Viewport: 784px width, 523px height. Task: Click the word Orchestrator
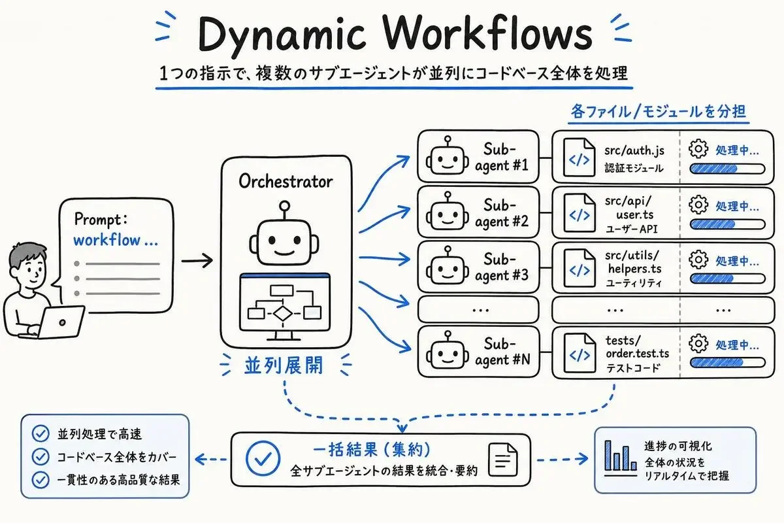click(286, 182)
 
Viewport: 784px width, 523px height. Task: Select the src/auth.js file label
click(634, 150)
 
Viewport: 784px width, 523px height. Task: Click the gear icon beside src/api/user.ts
click(698, 205)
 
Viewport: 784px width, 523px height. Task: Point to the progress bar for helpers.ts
click(727, 279)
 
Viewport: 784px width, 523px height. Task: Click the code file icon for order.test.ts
click(580, 353)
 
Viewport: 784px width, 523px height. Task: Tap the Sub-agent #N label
click(502, 352)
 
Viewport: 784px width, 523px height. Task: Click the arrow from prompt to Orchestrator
click(197, 261)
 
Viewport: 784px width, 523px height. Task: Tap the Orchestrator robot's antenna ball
click(285, 206)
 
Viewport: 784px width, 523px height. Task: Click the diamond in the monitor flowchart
click(282, 314)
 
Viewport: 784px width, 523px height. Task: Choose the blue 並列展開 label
click(284, 365)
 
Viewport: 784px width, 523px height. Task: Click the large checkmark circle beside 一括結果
click(263, 458)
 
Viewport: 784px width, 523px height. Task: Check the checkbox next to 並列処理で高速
click(41, 433)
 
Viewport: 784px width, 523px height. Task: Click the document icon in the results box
click(503, 460)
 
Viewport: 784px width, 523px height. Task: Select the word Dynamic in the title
click(282, 35)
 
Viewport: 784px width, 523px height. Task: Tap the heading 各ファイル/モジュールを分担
click(658, 112)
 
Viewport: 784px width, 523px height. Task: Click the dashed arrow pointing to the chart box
click(562, 459)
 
